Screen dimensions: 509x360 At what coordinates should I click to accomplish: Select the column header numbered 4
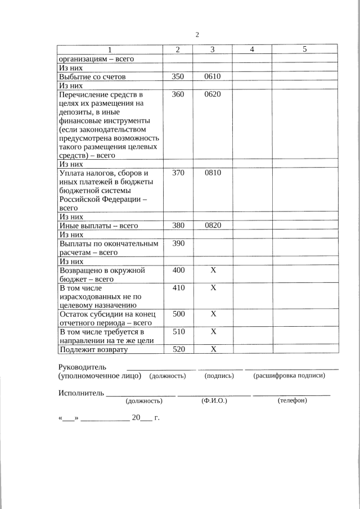[x=252, y=49]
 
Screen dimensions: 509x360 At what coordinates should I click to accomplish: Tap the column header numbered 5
[x=304, y=49]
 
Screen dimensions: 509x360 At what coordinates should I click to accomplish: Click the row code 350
[x=178, y=76]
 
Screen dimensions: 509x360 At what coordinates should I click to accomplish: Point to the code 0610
[x=213, y=76]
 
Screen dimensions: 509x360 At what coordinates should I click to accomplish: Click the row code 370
[x=178, y=173]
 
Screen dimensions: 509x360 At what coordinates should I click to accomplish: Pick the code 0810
[x=213, y=173]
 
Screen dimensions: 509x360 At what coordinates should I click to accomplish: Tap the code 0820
[x=213, y=226]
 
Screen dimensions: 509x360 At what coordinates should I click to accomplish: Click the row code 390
[x=178, y=244]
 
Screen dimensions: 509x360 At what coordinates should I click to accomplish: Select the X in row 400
[x=213, y=270]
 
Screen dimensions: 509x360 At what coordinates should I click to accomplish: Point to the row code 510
[x=178, y=331]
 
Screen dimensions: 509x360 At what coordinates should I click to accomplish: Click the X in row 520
[x=213, y=349]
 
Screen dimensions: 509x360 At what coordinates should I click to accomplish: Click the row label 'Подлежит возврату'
[x=93, y=349]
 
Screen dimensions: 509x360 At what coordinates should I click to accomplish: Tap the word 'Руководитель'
[x=82, y=367]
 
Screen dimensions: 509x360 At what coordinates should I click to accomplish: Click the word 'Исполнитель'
[x=81, y=392]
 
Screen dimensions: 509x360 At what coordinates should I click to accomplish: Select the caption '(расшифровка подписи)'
[x=289, y=375]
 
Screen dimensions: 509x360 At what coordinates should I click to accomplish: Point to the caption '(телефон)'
[x=292, y=400]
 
